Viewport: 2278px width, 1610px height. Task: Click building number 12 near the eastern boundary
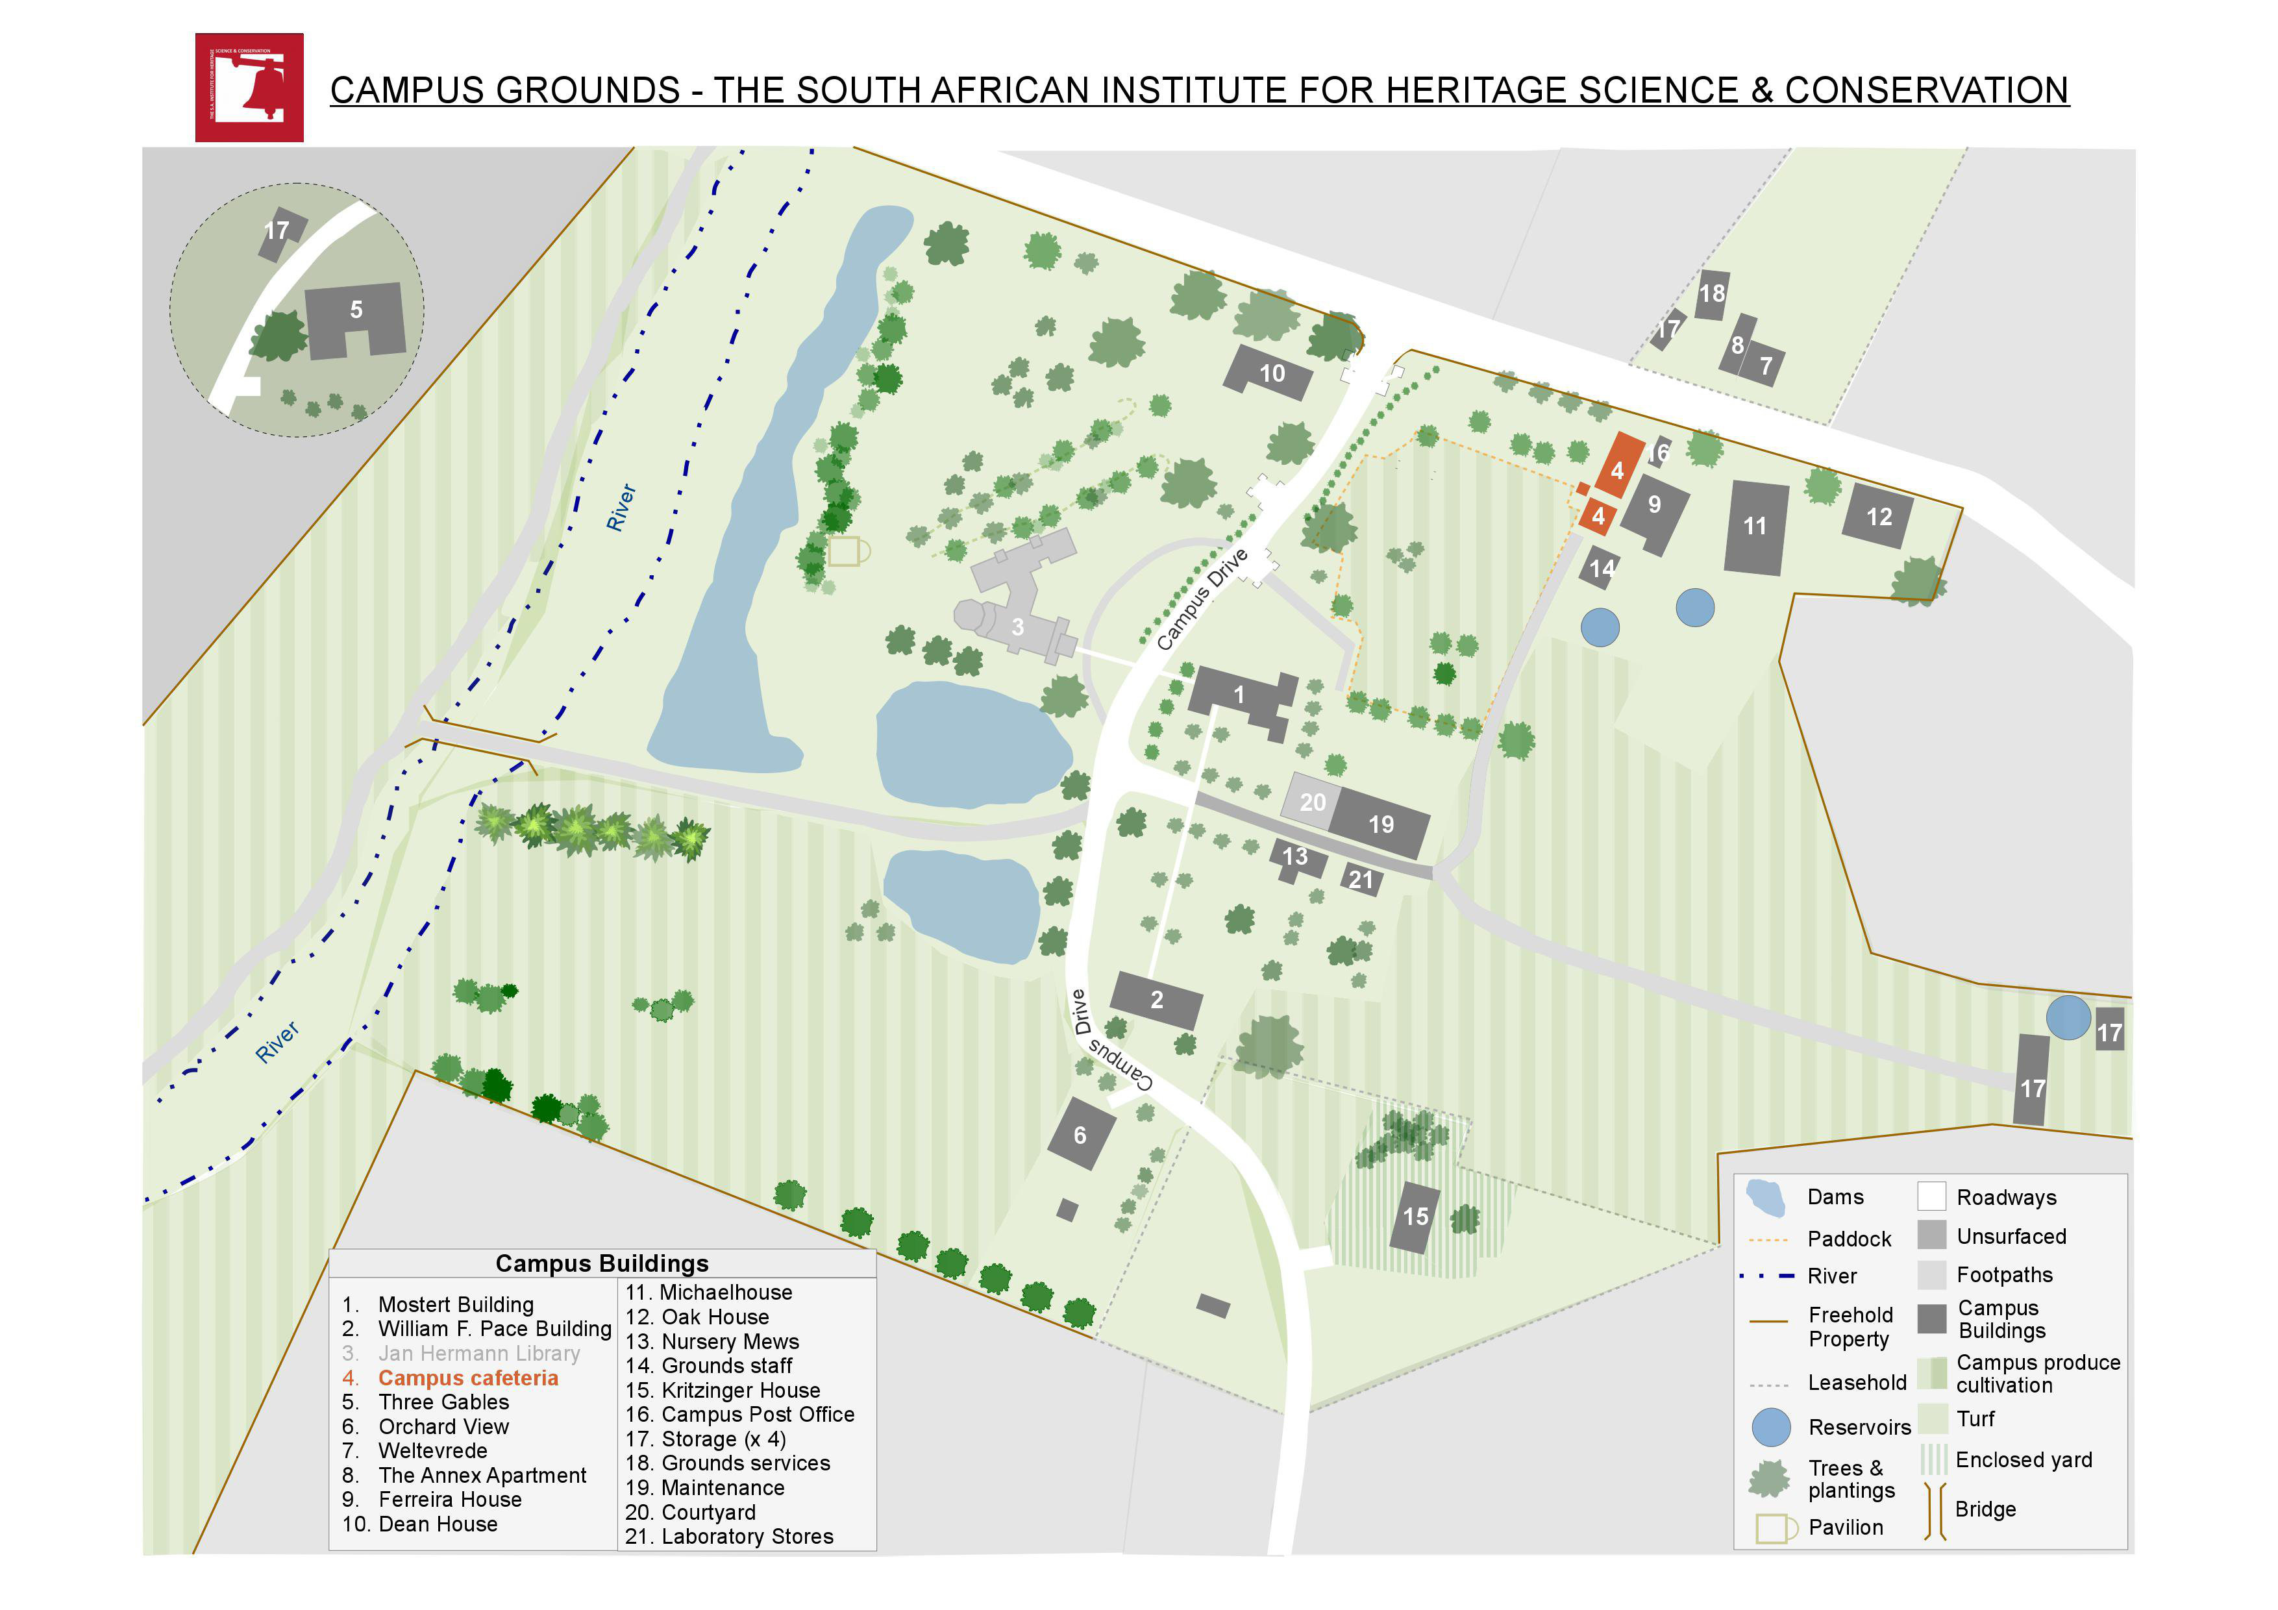1878,516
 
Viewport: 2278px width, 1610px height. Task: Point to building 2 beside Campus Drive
1156,1000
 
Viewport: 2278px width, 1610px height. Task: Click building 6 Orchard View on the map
1080,1135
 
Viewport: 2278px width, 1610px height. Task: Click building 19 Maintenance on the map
1380,823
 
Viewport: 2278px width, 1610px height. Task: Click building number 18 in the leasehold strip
1711,293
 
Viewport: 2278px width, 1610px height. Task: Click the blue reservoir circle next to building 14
1600,627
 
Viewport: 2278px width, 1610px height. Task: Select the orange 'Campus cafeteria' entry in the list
467,1378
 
